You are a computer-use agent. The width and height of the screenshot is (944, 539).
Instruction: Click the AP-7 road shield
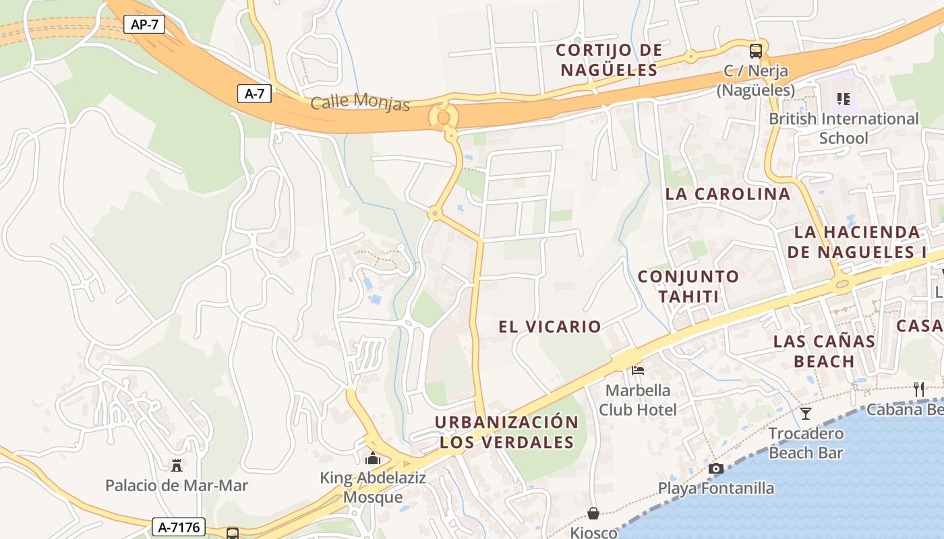pyautogui.click(x=144, y=25)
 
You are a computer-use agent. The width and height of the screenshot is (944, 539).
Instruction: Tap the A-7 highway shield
pyautogui.click(x=254, y=94)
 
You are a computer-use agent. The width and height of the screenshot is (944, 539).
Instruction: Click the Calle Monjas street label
pyautogui.click(x=360, y=103)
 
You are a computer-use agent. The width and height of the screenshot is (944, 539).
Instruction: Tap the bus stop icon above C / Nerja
pyautogui.click(x=756, y=51)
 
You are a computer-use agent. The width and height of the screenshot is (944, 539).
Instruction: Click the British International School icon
pyautogui.click(x=843, y=99)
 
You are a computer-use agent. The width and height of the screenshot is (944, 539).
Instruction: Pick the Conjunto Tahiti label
pyautogui.click(x=688, y=286)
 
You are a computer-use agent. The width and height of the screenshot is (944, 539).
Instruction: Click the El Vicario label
pyautogui.click(x=550, y=327)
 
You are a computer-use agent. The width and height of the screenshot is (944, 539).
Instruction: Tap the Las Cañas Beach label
pyautogui.click(x=824, y=351)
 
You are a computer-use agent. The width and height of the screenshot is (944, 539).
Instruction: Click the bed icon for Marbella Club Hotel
pyautogui.click(x=637, y=370)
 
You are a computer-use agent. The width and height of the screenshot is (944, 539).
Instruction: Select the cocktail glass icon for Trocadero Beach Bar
pyautogui.click(x=806, y=413)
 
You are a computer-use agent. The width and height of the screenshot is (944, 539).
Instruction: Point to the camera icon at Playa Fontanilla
pyautogui.click(x=716, y=468)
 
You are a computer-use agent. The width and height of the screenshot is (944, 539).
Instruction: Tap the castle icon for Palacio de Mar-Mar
pyautogui.click(x=177, y=465)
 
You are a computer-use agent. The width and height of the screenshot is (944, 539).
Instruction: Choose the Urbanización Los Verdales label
pyautogui.click(x=506, y=432)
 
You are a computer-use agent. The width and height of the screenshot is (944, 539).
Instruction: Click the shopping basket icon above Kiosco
pyautogui.click(x=593, y=514)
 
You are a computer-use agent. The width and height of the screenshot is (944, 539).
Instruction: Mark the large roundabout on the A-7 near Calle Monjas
pyautogui.click(x=443, y=117)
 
